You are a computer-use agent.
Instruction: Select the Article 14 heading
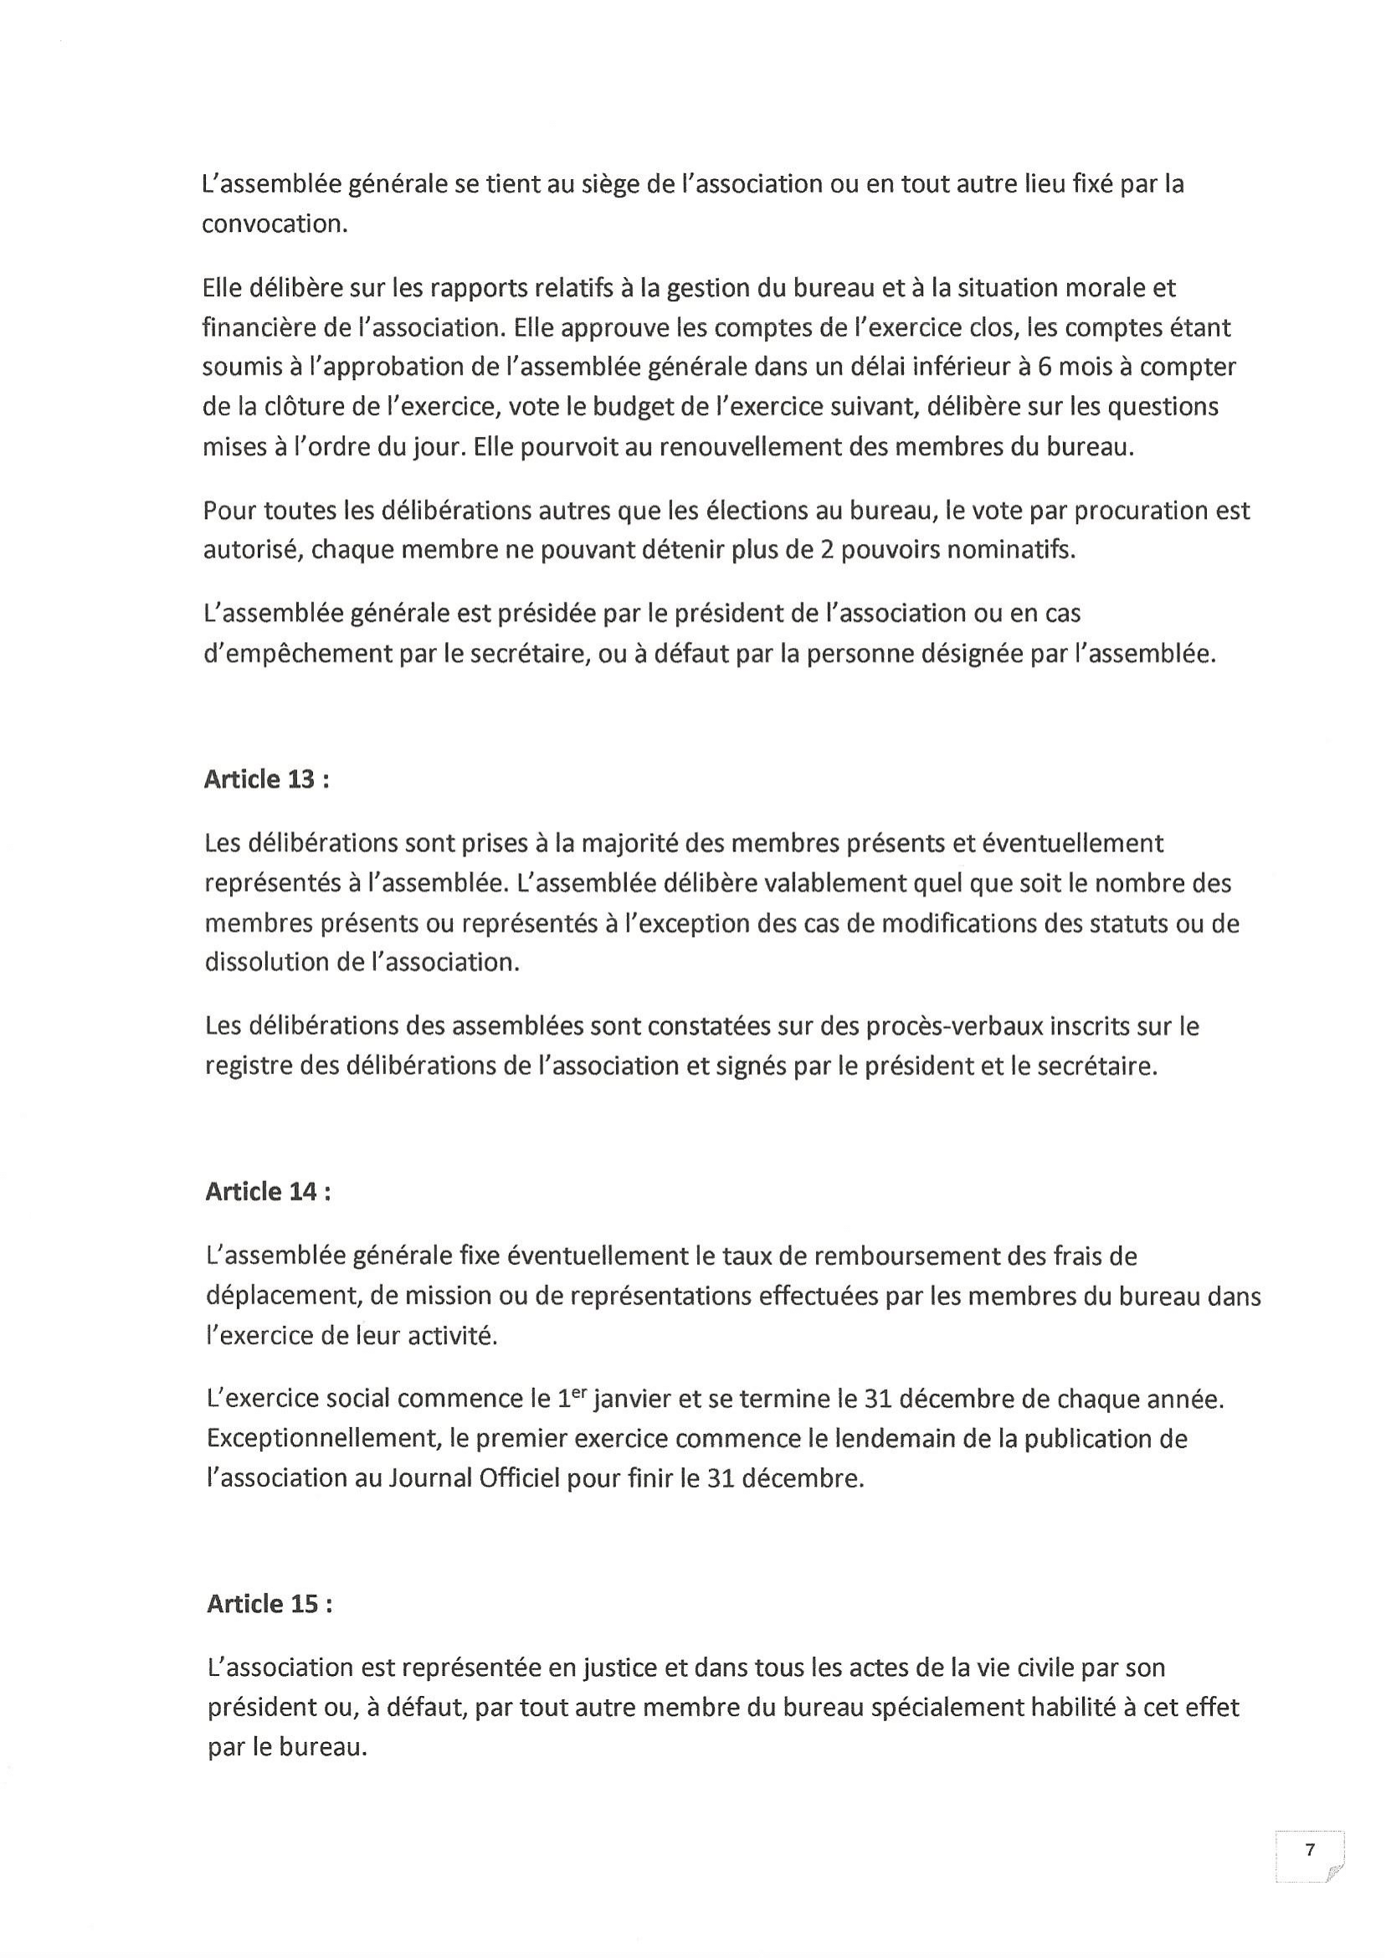tap(268, 1192)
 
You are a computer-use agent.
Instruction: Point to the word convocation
tap(275, 224)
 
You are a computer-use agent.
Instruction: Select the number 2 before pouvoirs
tap(826, 551)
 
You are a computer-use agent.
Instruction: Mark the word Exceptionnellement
tap(322, 1440)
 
